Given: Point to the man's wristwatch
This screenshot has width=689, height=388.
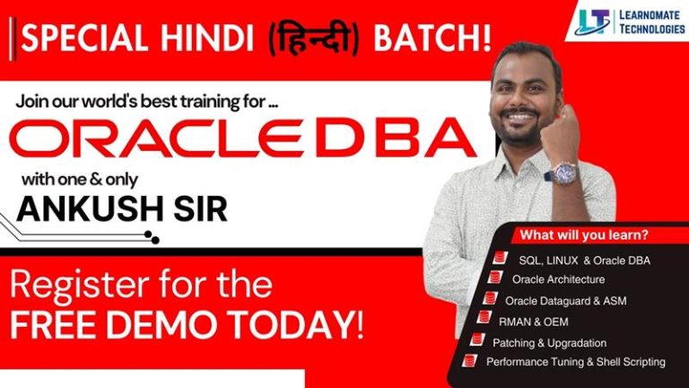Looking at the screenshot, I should click(566, 170).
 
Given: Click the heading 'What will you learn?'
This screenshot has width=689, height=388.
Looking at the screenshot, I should click(584, 236).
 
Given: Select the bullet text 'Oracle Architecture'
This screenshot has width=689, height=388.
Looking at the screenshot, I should click(557, 279).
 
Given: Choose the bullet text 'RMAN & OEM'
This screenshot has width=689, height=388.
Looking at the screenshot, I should click(533, 321).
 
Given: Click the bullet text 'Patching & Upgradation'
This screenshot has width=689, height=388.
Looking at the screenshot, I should click(549, 342).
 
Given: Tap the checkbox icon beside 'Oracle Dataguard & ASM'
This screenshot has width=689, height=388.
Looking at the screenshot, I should click(490, 298).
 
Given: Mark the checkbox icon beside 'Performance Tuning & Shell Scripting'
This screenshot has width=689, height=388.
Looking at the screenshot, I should click(467, 361).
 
